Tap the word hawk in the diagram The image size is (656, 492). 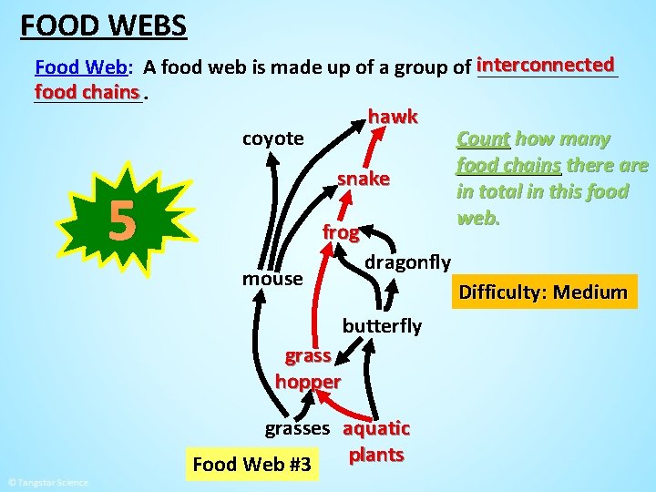click(x=393, y=117)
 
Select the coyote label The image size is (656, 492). click(x=272, y=138)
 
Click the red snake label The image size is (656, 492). click(x=364, y=179)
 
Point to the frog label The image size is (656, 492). click(x=340, y=232)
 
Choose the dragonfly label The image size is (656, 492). click(x=407, y=262)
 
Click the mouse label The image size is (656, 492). click(x=272, y=278)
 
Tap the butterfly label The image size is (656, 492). click(x=382, y=325)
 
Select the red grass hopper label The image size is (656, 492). click(x=307, y=369)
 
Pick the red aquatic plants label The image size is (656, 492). click(x=376, y=441)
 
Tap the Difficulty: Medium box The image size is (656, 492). click(x=543, y=292)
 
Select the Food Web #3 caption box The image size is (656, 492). click(x=251, y=466)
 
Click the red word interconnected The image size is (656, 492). click(x=545, y=65)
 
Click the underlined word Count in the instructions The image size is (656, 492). click(x=483, y=139)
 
